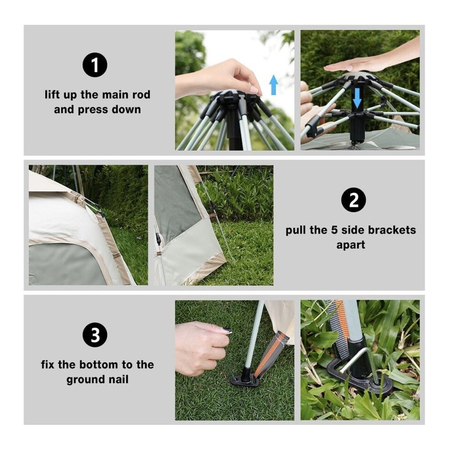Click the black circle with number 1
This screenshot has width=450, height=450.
[95, 65]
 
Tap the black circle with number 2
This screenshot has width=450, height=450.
[354, 201]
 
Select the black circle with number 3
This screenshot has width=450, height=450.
[95, 335]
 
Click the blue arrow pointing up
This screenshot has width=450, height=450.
[274, 84]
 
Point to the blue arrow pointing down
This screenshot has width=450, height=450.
[357, 97]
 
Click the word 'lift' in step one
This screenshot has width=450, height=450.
[52, 94]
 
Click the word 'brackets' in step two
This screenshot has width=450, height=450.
[392, 230]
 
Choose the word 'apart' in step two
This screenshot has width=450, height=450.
[351, 245]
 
